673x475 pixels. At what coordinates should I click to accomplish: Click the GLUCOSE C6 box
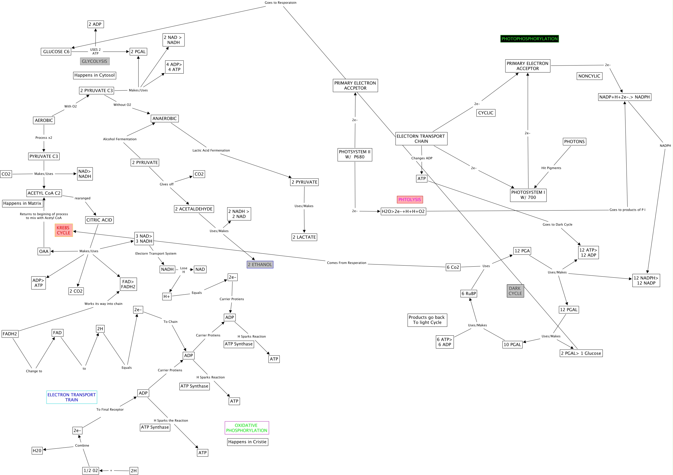point(56,52)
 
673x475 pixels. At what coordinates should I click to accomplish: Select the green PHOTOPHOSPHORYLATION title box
point(529,39)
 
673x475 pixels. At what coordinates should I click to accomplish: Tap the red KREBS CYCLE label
point(63,230)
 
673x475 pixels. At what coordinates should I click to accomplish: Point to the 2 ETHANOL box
point(260,264)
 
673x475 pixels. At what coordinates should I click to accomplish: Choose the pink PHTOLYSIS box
point(410,200)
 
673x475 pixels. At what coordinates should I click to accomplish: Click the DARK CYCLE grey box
point(515,291)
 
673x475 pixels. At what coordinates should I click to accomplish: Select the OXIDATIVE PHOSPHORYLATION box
point(247,428)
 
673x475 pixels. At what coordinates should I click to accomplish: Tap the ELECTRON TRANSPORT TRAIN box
point(71,397)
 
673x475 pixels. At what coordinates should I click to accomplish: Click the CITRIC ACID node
point(99,220)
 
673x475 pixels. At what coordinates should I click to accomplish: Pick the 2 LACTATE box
point(304,237)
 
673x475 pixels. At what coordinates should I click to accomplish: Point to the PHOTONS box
point(574,142)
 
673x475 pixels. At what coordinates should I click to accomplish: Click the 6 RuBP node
point(468,293)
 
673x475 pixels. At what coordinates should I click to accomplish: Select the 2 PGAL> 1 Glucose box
point(581,353)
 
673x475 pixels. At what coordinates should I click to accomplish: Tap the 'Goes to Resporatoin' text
point(280,3)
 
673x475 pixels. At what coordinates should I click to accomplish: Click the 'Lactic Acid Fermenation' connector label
point(211,150)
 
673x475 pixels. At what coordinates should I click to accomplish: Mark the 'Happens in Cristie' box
point(247,442)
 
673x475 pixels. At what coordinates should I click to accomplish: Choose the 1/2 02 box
point(91,471)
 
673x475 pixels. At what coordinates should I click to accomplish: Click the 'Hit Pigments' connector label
point(551,168)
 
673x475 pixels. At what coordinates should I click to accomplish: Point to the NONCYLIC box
point(589,76)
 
